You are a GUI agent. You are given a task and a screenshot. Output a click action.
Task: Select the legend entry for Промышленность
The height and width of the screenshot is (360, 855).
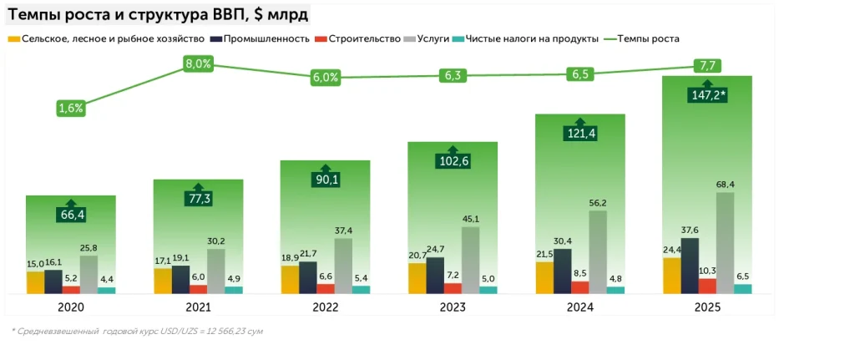(264, 39)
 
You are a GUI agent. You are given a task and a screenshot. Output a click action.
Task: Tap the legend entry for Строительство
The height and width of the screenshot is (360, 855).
(361, 39)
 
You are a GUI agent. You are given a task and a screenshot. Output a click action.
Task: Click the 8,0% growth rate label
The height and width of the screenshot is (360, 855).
(198, 64)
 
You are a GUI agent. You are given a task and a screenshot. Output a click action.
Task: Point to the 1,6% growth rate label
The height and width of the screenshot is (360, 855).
(71, 108)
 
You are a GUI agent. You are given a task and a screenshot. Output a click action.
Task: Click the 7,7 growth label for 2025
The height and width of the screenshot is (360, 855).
(707, 66)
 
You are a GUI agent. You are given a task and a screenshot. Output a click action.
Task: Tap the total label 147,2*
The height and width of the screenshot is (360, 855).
(707, 96)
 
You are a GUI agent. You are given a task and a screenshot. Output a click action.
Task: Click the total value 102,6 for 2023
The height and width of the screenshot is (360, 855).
(453, 161)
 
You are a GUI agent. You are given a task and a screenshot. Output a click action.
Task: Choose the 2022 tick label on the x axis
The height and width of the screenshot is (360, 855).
(326, 307)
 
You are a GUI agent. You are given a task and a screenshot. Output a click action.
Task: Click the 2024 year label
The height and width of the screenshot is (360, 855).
(580, 307)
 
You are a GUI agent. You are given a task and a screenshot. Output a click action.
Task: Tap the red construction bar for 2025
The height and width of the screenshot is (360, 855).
(707, 286)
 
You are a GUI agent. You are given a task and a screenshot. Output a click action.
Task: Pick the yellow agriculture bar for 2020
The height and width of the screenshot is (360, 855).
(35, 282)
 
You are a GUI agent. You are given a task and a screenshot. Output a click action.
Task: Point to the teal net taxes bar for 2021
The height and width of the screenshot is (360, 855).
(234, 290)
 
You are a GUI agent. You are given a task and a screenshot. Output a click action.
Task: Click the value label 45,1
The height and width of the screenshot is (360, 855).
(471, 220)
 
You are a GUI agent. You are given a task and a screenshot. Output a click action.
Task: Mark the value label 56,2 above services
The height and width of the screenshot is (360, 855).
(599, 203)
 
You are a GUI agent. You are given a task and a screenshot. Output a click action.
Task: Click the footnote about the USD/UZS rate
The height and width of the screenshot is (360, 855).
(138, 332)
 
